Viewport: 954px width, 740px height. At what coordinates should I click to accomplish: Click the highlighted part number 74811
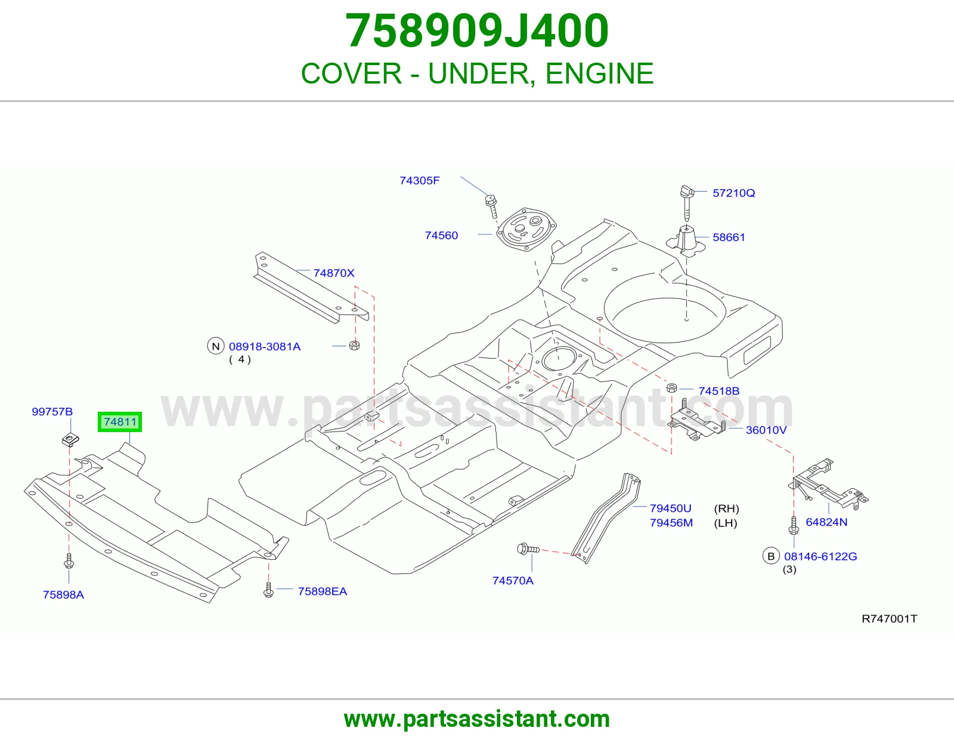(120, 422)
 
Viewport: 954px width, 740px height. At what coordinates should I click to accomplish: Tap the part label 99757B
(52, 412)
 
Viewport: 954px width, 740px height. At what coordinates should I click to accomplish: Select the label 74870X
(334, 273)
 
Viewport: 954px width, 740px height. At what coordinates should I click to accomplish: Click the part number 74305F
(419, 181)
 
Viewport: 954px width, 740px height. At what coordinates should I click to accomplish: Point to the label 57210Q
(733, 193)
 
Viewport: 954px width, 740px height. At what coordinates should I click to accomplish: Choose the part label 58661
(729, 238)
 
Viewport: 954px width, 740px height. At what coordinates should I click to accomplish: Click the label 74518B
(718, 391)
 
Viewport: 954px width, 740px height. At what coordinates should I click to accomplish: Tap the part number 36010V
(766, 430)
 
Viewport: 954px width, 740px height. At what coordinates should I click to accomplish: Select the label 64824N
(826, 522)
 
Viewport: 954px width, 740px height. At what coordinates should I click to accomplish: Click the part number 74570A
(513, 581)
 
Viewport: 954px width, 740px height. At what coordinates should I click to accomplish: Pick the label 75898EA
(322, 591)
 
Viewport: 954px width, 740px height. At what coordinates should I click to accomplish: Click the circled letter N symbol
(216, 346)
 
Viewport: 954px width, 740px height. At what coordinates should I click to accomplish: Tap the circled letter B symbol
(771, 556)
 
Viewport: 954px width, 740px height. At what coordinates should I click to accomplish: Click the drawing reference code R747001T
(890, 619)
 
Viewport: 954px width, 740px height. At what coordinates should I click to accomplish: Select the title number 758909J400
(477, 31)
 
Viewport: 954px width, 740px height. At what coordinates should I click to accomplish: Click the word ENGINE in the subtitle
(599, 73)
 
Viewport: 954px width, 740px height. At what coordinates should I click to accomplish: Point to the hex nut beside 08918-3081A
(354, 345)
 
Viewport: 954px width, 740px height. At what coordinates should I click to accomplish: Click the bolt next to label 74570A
(528, 549)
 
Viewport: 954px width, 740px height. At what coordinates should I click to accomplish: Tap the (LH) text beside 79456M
(725, 523)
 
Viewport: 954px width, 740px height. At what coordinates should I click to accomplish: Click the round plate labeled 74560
(525, 229)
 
